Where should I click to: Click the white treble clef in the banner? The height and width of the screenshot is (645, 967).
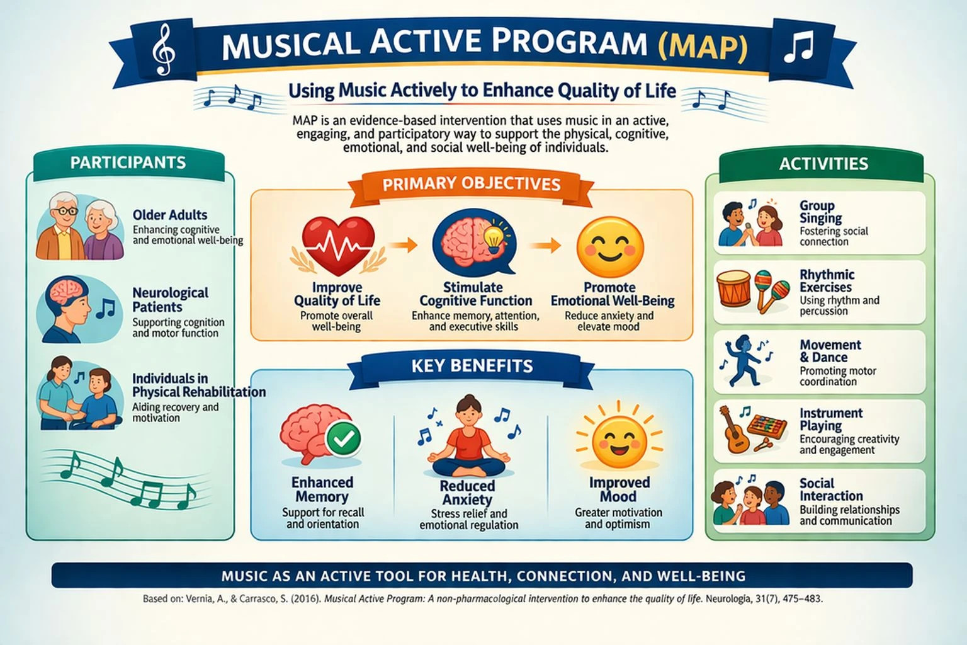click(x=164, y=50)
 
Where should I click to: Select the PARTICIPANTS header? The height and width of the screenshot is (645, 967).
click(x=128, y=163)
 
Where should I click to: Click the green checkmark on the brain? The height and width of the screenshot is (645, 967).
click(x=344, y=438)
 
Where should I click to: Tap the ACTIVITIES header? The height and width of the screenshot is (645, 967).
click(x=823, y=164)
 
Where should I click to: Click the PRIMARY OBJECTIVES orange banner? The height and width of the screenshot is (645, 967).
click(x=472, y=185)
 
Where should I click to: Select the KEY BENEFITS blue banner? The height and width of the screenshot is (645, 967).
click(x=472, y=367)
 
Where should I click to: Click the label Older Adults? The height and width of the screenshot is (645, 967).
click(x=170, y=215)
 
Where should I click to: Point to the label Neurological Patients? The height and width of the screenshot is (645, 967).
click(x=170, y=300)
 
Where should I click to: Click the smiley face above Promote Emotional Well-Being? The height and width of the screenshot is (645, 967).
click(x=610, y=248)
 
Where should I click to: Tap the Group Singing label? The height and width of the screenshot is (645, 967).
click(x=821, y=212)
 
